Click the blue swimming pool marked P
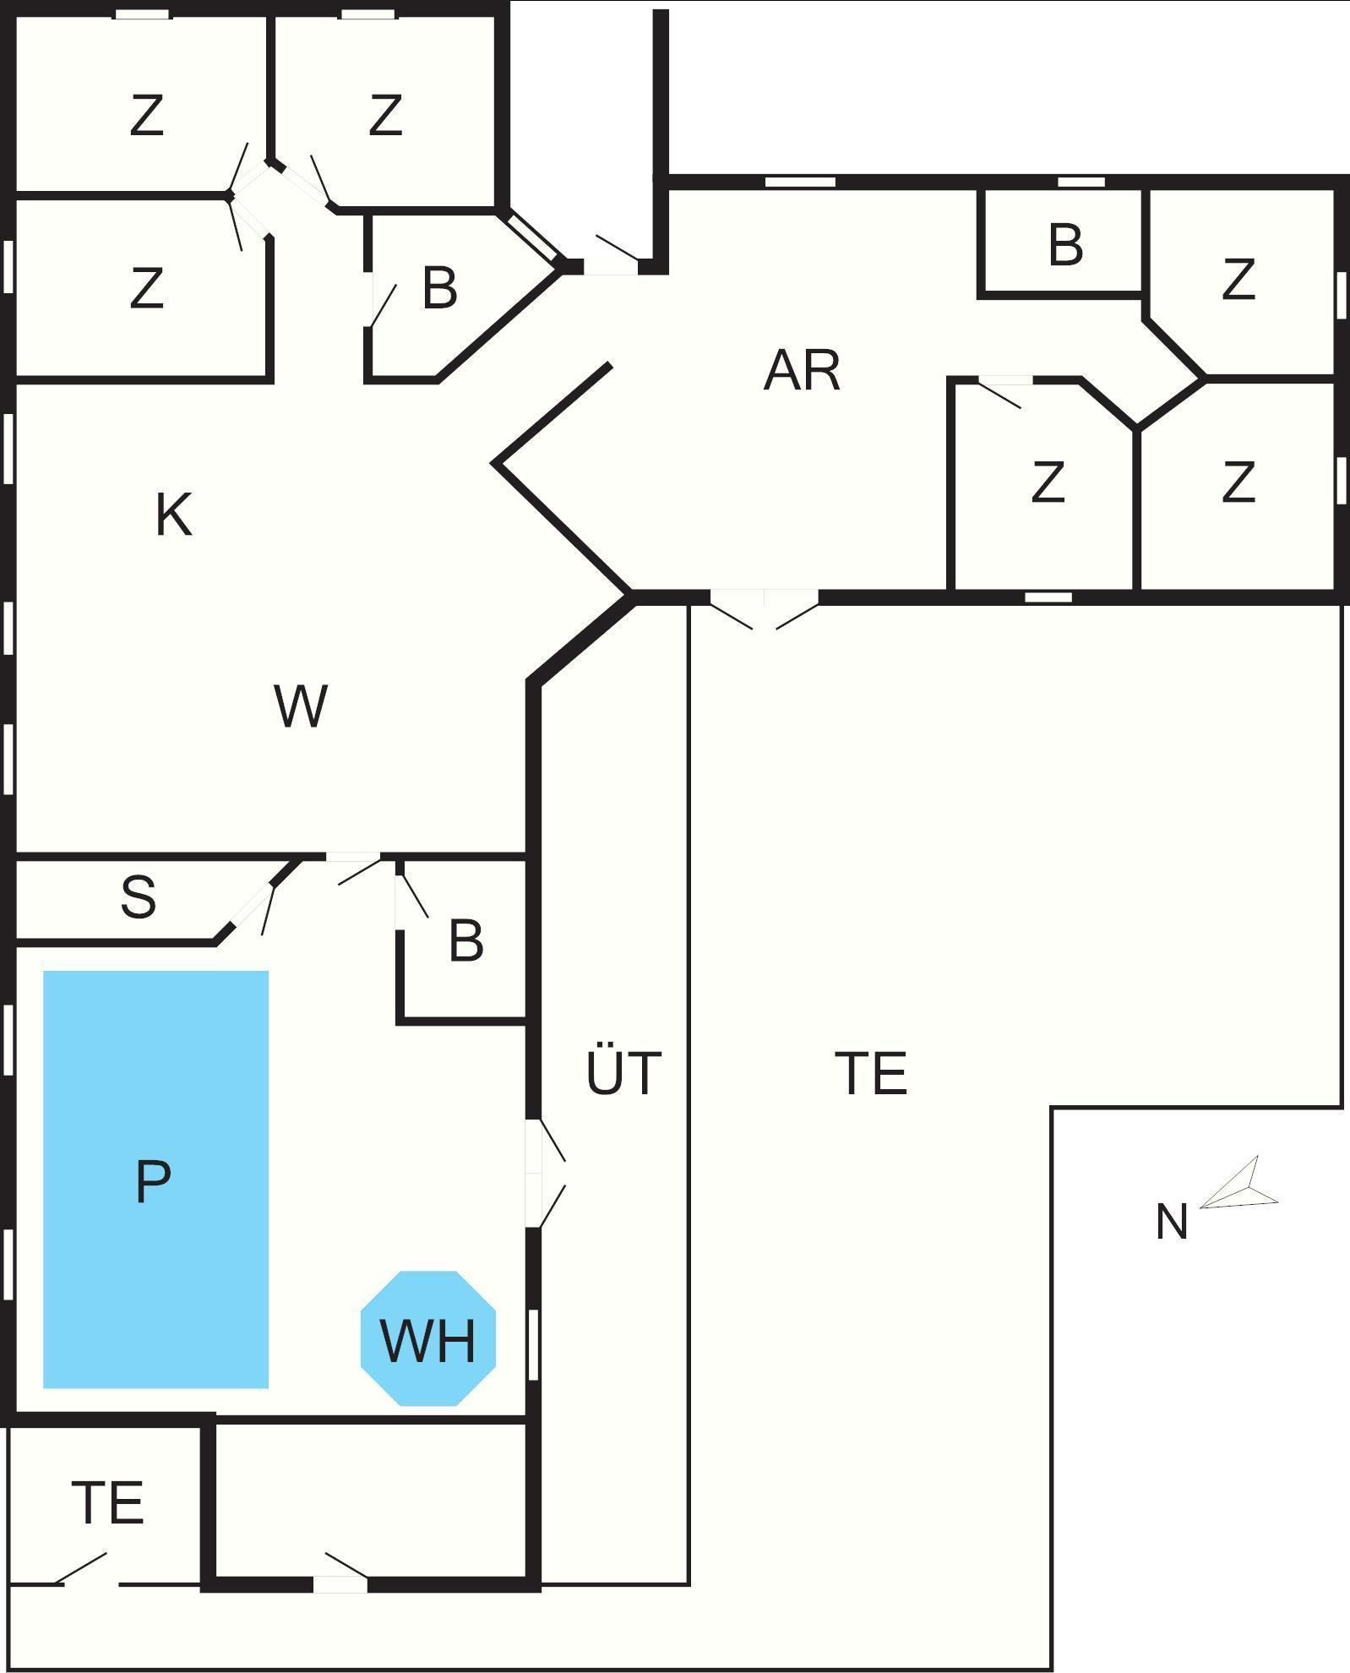[x=155, y=1179]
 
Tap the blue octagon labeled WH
[x=427, y=1339]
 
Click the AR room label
[x=802, y=370]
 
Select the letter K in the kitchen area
[x=173, y=515]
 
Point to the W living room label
[x=301, y=706]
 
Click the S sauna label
[x=139, y=896]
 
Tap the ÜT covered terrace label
[x=623, y=1072]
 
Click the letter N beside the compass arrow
[x=1171, y=1222]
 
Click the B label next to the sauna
[x=465, y=940]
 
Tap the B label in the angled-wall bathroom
[x=439, y=287]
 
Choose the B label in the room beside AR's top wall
[x=1065, y=245]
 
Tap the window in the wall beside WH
[x=533, y=1343]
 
